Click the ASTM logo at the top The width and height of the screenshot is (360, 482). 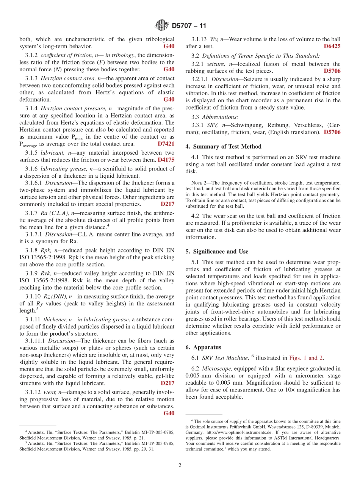click(162, 26)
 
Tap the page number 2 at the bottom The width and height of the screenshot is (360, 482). click(180, 465)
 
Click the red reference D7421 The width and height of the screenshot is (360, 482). click(166, 144)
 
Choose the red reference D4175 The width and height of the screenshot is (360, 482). click(166, 160)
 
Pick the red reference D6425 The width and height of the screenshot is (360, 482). click(332, 46)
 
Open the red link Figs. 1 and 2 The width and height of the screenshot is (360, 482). click(306, 358)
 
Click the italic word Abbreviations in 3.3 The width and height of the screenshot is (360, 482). click(220, 117)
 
